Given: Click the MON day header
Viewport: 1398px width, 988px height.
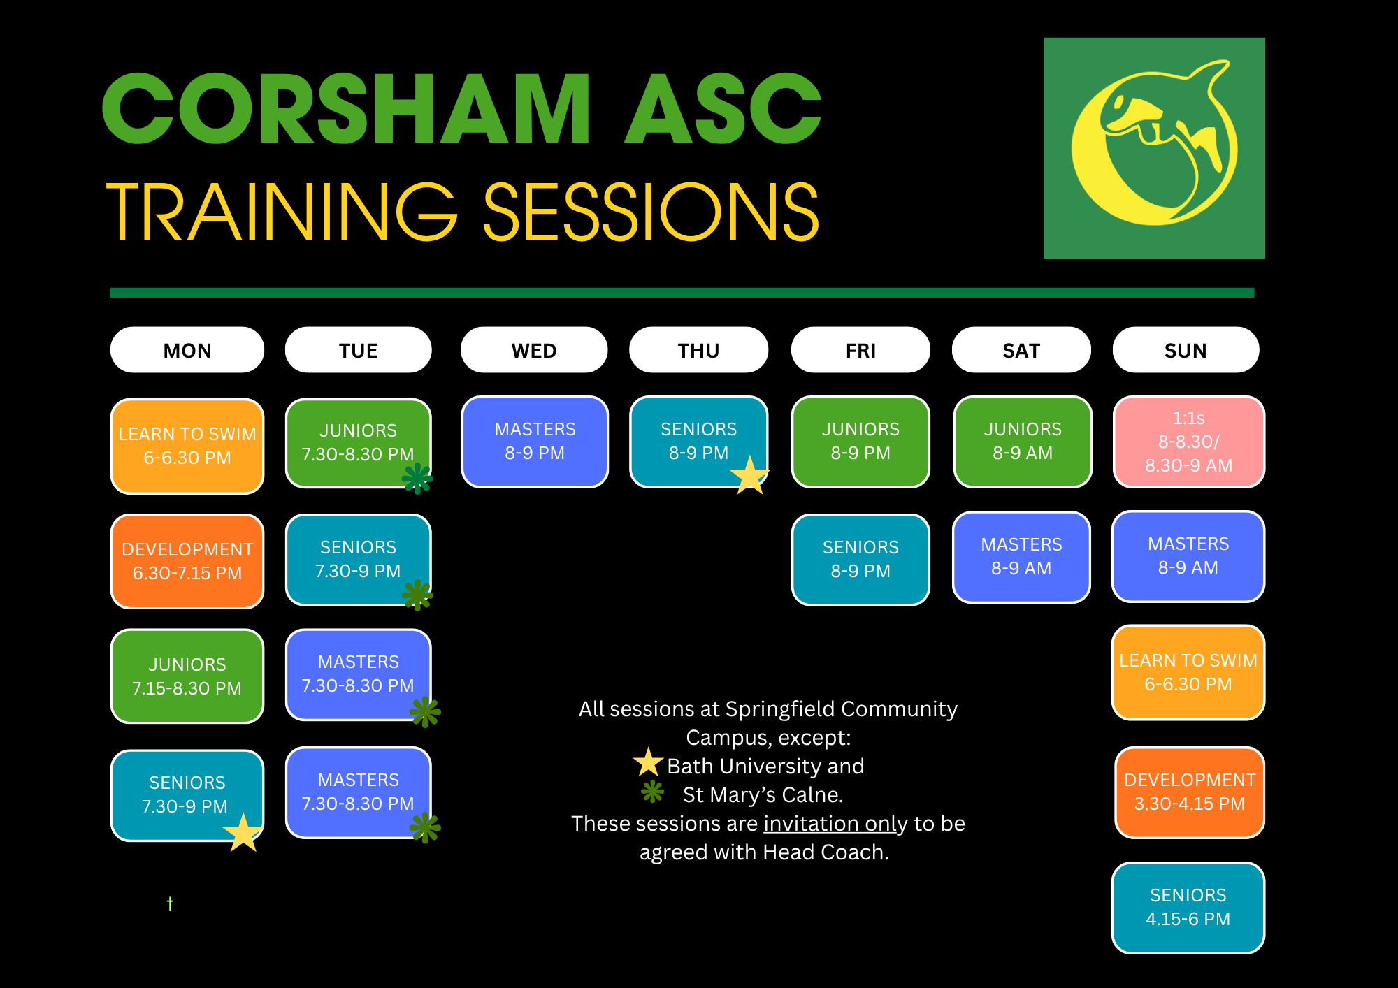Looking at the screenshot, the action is point(187,350).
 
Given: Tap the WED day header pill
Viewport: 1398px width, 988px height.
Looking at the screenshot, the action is point(534,350).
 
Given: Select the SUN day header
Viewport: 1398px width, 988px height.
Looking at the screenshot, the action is point(1186,350).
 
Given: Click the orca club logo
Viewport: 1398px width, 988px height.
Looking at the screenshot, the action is point(1154,148).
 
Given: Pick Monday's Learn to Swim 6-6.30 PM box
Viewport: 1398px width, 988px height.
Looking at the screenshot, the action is point(187,446).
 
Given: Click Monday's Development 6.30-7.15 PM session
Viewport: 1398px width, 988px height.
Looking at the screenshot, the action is point(187,562).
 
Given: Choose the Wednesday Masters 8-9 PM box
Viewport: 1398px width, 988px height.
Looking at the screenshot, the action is point(535,442).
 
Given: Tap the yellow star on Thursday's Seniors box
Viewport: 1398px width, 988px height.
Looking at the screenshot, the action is point(749,476).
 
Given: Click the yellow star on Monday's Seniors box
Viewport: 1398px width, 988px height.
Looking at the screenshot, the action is point(243,832).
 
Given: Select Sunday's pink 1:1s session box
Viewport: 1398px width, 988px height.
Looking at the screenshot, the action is point(1189,442).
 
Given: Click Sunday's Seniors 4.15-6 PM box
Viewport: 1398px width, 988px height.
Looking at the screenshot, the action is point(1188,908).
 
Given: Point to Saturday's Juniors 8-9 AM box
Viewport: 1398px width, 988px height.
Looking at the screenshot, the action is point(1023,442).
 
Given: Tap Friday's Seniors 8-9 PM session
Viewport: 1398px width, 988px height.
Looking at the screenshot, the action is point(860,560).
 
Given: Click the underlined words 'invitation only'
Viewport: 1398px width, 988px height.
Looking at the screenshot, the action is point(835,824).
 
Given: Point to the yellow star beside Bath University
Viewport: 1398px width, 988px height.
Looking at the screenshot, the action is point(649,762).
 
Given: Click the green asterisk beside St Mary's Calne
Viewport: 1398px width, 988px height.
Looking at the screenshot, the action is point(653,792).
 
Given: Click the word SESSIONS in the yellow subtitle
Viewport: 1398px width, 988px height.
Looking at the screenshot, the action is point(651,212).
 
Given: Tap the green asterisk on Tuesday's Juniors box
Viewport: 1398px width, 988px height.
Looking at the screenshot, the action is point(418,479).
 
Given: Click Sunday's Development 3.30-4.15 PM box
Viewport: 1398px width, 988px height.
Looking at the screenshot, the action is point(1190,792).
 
